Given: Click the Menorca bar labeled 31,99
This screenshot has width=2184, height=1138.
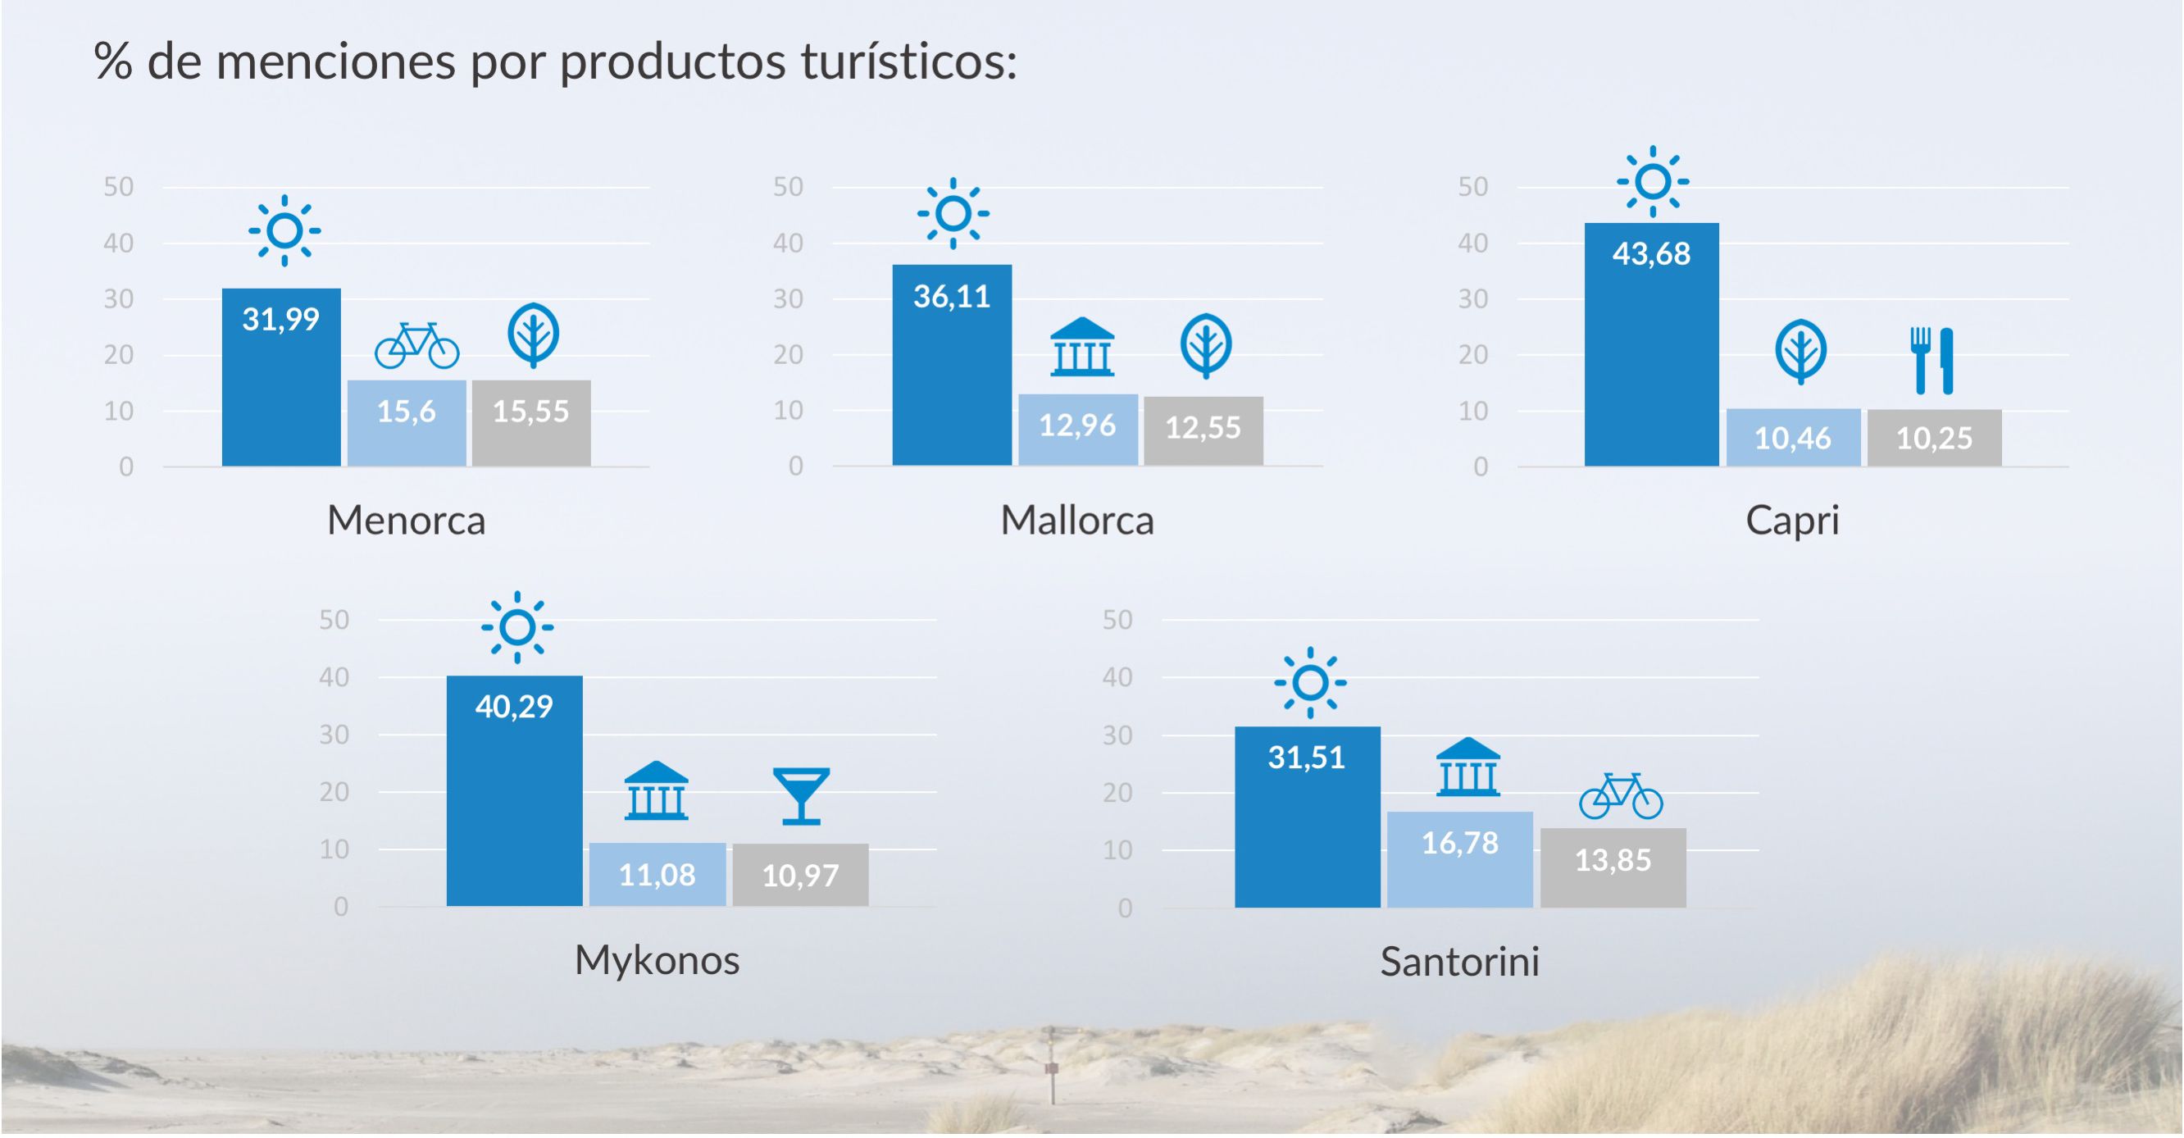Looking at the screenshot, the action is [x=281, y=377].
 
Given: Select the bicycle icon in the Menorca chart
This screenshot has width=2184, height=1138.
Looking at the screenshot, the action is [x=417, y=345].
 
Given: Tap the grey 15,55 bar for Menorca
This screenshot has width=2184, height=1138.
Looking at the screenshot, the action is [x=531, y=423].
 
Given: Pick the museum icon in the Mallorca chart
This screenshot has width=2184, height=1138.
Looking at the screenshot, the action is [x=1082, y=347].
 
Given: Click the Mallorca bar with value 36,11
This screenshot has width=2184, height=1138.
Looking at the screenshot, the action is [x=952, y=366].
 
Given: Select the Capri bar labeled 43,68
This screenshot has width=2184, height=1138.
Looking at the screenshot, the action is [x=1652, y=344].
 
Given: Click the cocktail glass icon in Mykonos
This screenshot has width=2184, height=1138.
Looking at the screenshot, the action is [x=801, y=796].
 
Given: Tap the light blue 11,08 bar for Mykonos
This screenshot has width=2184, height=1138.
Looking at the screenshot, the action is [x=658, y=874].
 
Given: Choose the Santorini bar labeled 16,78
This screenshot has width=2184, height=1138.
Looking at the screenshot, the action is [x=1460, y=860].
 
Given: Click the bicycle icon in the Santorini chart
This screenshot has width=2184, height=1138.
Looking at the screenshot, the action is [x=1621, y=795].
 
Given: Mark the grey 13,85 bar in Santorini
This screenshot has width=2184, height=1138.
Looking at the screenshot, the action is [x=1613, y=868].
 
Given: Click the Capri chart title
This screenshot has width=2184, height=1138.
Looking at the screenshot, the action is [x=1792, y=521].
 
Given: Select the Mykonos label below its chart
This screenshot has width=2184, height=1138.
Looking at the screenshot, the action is [x=657, y=961].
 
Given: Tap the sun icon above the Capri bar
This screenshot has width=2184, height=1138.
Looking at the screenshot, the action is [x=1653, y=181].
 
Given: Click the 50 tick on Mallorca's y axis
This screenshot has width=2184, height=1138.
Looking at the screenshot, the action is [x=788, y=187].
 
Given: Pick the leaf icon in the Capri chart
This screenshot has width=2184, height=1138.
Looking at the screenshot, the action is [x=1801, y=352].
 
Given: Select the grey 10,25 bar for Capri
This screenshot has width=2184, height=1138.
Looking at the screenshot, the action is [x=1935, y=439].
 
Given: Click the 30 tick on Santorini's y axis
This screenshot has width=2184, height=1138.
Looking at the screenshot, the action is [x=1117, y=735].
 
